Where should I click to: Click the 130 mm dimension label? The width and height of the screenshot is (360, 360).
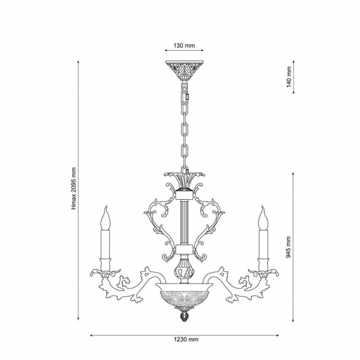coord(184,45)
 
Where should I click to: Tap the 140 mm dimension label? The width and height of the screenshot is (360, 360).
coord(289,77)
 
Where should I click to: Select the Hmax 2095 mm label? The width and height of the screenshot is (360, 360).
coord(73,188)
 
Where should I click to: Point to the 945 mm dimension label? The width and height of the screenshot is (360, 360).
coord(288,247)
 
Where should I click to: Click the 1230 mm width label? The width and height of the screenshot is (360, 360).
coord(186,339)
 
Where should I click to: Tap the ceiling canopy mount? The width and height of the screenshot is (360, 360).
coord(185,70)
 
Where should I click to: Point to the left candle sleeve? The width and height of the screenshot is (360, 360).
coord(105,244)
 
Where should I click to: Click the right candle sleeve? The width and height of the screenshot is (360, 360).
coord(263,244)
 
